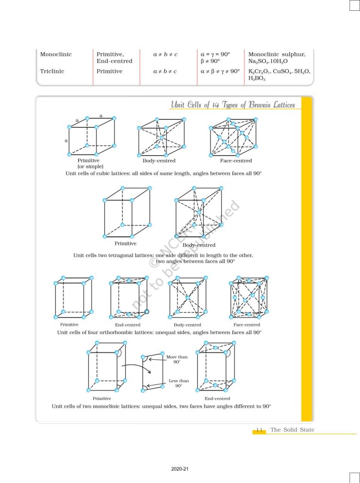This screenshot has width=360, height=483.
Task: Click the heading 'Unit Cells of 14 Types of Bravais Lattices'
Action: click(233, 105)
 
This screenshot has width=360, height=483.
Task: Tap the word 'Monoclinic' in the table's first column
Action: click(56, 54)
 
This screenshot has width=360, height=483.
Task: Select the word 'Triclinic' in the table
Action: click(53, 71)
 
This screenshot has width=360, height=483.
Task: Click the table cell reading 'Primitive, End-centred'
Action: click(115, 58)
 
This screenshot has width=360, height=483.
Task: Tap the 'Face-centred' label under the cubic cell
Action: click(236, 161)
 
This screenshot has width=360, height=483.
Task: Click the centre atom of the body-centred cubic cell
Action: click(161, 138)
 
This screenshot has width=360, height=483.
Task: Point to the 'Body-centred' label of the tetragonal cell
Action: click(199, 245)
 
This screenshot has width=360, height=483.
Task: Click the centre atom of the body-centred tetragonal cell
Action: click(198, 213)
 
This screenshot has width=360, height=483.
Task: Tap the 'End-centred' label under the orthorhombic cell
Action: click(128, 325)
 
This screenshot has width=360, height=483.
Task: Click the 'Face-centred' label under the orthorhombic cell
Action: click(246, 325)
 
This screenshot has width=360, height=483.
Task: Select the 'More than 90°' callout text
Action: click(177, 359)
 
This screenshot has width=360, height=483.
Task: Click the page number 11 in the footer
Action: click(259, 430)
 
